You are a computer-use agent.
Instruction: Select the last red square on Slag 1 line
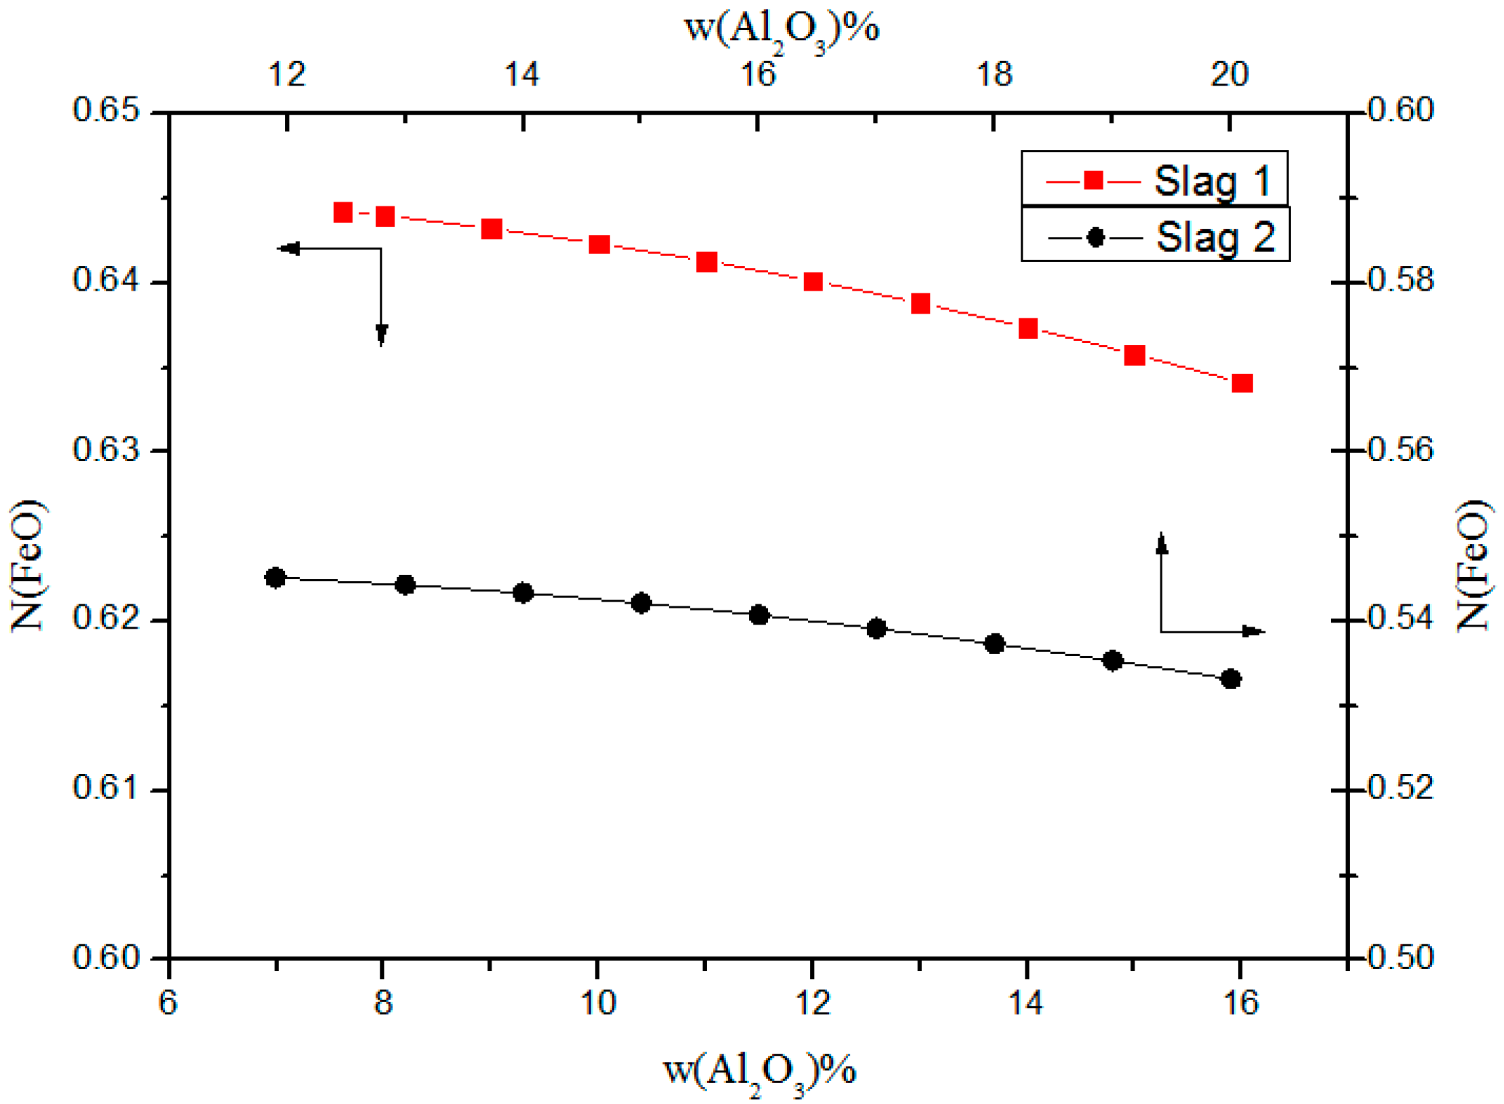pyautogui.click(x=1241, y=384)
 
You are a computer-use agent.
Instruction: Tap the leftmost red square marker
pyautogui.click(x=343, y=213)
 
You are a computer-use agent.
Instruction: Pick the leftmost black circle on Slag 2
pyautogui.click(x=275, y=578)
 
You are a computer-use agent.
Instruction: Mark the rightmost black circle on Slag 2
pyautogui.click(x=1230, y=679)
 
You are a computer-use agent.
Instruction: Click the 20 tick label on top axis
pyautogui.click(x=1229, y=75)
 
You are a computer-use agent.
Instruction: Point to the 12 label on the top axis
pyautogui.click(x=287, y=75)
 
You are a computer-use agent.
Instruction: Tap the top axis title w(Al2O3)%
pyautogui.click(x=781, y=31)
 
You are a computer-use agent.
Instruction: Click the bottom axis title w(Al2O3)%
pyautogui.click(x=759, y=1071)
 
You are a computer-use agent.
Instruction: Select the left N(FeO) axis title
pyautogui.click(x=27, y=566)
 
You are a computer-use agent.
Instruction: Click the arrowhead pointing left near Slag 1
pyautogui.click(x=289, y=249)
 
